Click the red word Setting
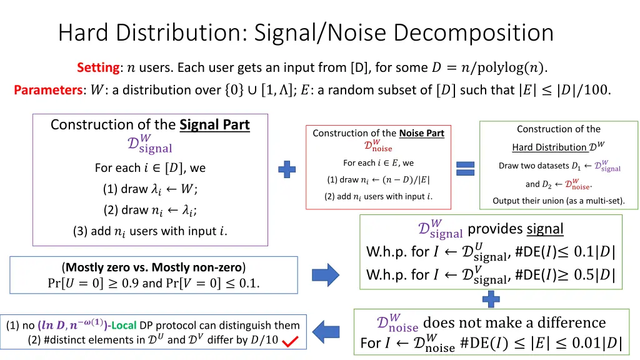tap(98, 67)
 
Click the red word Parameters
tap(48, 90)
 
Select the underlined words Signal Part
tap(215, 124)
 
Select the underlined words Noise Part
tap(422, 133)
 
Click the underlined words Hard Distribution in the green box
tap(549, 147)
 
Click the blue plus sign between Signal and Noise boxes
tap(287, 169)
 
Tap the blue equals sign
tap(465, 168)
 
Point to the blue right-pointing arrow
tap(325, 275)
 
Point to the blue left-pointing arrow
tap(326, 332)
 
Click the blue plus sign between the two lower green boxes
tap(491, 299)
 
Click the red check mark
tap(290, 341)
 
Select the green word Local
tap(124, 325)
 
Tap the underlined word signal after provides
tap(545, 229)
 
